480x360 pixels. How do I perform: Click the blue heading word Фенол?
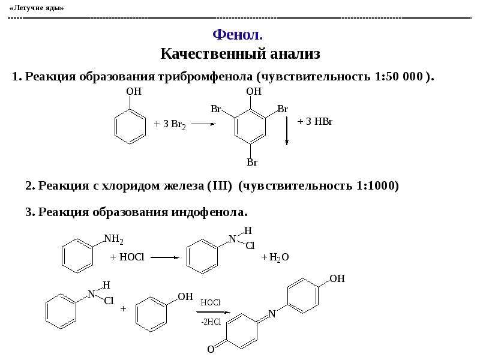click(x=238, y=35)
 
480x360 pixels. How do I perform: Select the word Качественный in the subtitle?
click(x=213, y=54)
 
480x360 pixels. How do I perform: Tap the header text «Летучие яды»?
click(x=37, y=8)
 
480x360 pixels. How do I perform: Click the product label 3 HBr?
click(x=319, y=122)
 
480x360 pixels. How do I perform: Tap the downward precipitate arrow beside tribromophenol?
click(x=287, y=131)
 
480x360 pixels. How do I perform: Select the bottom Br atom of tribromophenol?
click(x=252, y=162)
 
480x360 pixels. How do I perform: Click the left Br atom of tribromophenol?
click(x=216, y=109)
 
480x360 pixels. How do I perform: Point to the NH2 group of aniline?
click(x=113, y=239)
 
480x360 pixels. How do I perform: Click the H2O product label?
click(x=278, y=257)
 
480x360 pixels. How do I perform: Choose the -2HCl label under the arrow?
click(x=211, y=322)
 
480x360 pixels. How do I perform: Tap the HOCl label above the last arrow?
click(x=211, y=303)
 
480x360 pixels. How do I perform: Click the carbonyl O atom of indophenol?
click(x=211, y=349)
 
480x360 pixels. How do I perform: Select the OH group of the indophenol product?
click(x=337, y=278)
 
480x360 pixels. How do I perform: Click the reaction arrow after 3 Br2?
click(x=203, y=124)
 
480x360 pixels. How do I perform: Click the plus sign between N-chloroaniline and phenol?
click(x=123, y=308)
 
